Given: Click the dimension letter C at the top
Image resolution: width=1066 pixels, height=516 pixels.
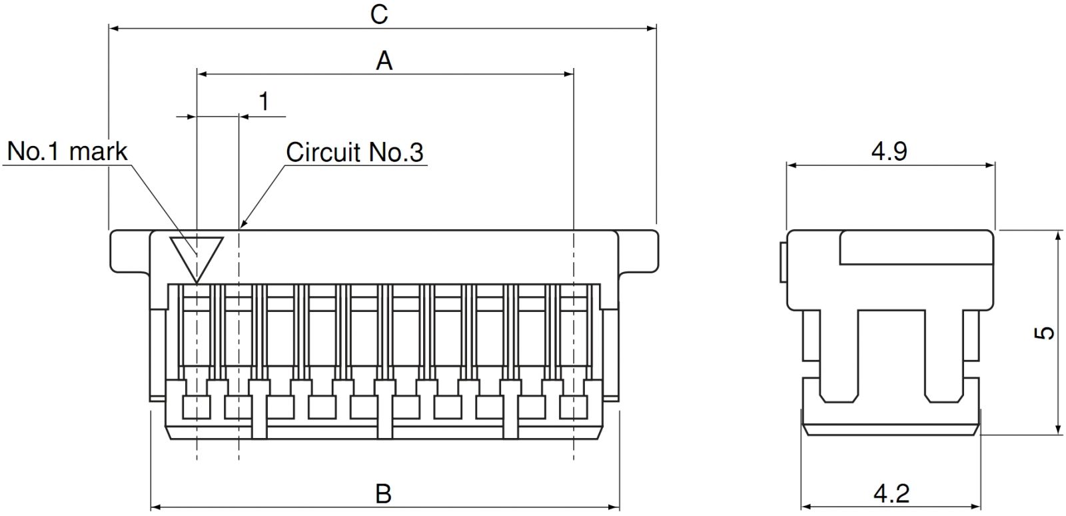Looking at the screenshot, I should [379, 14].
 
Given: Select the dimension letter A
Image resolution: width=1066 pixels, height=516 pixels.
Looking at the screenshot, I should [384, 61].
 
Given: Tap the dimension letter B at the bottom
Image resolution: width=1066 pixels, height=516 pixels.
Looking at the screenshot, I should [383, 494].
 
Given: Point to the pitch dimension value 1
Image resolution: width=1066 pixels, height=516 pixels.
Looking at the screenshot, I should [264, 102].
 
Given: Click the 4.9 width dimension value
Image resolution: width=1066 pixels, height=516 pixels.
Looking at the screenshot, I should [889, 151].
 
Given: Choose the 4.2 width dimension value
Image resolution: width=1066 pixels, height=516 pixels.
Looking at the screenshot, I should [891, 494].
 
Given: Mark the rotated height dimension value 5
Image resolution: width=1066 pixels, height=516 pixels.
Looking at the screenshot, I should [1046, 332].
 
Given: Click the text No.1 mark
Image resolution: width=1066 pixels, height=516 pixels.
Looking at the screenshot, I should [67, 151].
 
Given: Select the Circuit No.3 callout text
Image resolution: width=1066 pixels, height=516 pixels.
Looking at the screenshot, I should [354, 152].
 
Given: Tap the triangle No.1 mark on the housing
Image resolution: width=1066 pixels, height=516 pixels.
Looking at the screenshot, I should [196, 257].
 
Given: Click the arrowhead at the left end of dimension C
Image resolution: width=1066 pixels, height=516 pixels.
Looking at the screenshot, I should [113, 29].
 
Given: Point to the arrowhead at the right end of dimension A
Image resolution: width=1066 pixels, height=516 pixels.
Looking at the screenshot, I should [569, 74].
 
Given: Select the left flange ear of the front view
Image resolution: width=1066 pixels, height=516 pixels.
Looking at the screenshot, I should [131, 251].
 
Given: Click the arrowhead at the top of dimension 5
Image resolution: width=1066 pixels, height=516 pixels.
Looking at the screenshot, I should [1058, 235].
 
